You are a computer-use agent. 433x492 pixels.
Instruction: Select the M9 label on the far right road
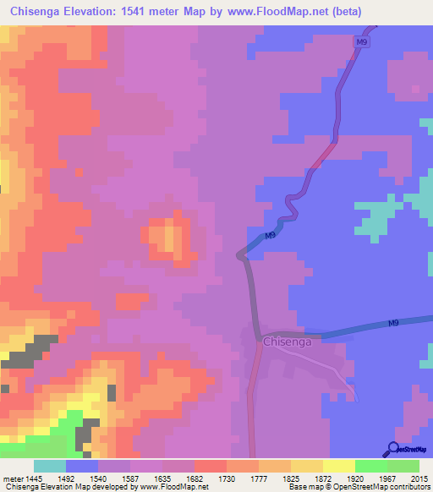click(x=394, y=323)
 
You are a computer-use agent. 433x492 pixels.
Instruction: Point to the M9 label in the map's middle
click(x=270, y=236)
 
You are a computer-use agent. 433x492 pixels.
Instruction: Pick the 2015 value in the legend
click(x=419, y=478)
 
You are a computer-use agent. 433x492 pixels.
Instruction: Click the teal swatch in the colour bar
click(x=50, y=466)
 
